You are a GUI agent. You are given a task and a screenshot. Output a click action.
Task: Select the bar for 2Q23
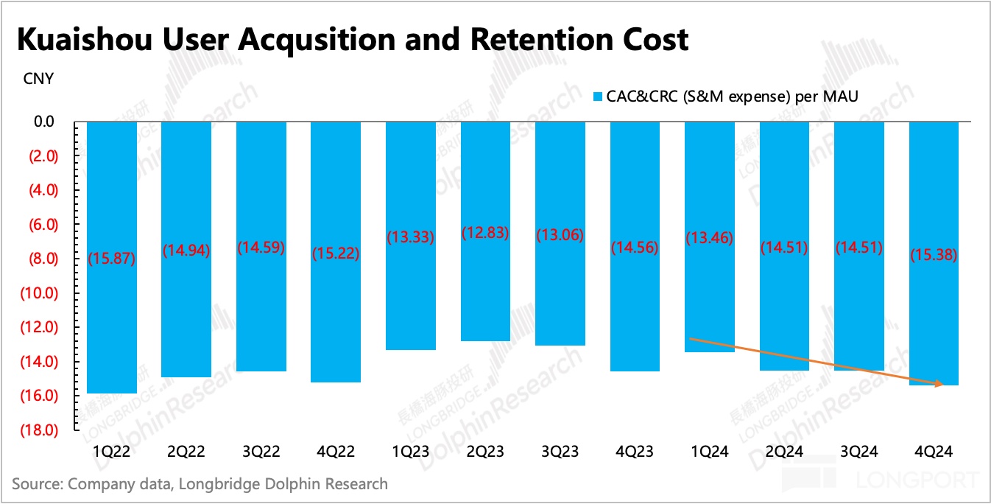485,295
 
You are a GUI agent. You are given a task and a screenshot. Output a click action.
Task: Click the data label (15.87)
112,259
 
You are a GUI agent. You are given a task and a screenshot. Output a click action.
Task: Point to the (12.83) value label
485,233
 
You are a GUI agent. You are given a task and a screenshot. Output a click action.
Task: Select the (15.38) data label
934,256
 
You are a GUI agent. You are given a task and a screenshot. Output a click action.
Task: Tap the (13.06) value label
560,236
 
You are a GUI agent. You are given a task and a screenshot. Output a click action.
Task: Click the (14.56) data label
635,248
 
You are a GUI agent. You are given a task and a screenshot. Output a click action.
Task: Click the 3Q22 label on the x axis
261,452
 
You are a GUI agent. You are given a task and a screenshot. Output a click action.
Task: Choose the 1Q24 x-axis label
709,452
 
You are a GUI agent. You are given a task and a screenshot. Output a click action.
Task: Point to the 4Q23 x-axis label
635,452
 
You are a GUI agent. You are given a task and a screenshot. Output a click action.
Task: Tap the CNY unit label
38,79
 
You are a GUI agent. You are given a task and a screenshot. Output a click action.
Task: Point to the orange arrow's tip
943,384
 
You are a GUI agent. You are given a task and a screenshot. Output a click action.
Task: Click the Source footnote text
199,484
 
